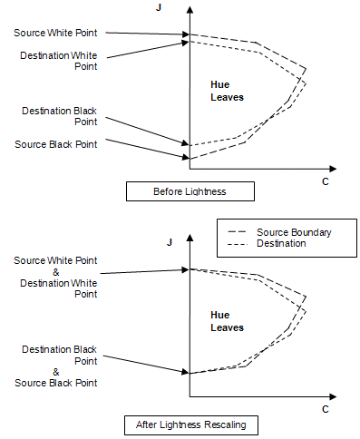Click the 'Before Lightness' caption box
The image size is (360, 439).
coord(190,191)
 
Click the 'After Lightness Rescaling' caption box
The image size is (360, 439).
coord(190,424)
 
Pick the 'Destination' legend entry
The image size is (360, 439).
coord(281,244)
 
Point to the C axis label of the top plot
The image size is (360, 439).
coord(325,181)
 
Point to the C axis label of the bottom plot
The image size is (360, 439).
coord(325,410)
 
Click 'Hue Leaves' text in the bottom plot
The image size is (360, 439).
coord(227,320)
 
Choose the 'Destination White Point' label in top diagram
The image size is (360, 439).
coord(59,60)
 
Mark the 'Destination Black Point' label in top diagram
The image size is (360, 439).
coord(60,115)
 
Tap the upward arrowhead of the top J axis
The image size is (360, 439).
coord(189,9)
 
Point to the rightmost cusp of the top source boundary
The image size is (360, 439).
coord(306,69)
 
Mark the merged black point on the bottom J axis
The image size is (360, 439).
coord(189,373)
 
